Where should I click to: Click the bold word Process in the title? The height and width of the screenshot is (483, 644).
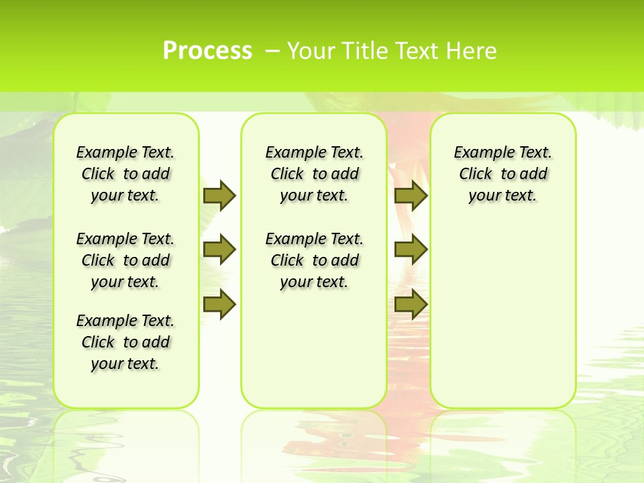coord(207,50)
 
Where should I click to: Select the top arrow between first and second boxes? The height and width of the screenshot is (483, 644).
coord(219,195)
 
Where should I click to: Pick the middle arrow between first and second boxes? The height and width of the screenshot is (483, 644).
coord(219,250)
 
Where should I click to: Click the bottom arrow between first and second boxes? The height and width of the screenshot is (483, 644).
coord(219,305)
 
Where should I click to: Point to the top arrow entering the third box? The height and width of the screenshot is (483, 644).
coord(411,195)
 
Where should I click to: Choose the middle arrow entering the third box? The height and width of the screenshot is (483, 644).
coord(411,250)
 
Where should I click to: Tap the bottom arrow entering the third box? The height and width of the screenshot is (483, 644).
coord(411,305)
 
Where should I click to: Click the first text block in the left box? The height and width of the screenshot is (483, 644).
coord(125,174)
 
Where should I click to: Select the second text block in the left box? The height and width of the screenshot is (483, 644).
coord(125,260)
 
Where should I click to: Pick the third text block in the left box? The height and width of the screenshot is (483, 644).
coord(125,342)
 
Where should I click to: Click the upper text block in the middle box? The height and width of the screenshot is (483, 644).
coord(315,174)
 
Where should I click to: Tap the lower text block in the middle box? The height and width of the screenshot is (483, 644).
coord(315,260)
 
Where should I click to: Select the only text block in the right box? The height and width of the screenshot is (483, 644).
coord(503,174)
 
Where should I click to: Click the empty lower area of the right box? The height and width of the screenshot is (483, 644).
coord(503,315)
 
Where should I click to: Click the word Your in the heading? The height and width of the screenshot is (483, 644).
coord(311,50)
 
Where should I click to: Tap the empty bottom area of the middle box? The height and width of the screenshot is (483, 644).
coord(315,356)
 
